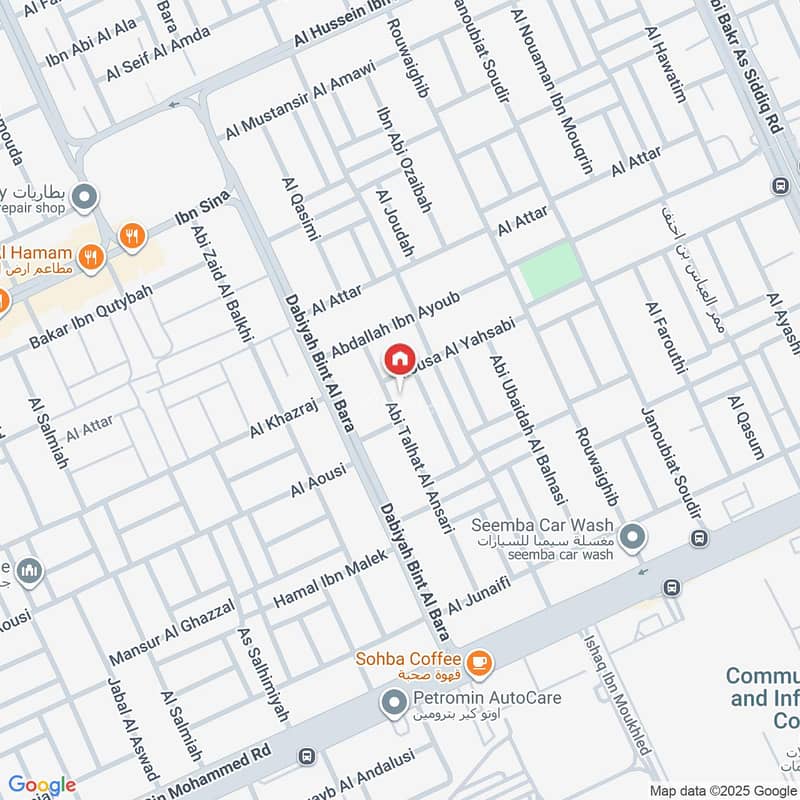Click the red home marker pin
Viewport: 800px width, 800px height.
click(399, 358)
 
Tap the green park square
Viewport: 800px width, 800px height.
click(550, 269)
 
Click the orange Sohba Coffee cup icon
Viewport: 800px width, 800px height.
click(479, 660)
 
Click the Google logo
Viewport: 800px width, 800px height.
click(41, 785)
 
